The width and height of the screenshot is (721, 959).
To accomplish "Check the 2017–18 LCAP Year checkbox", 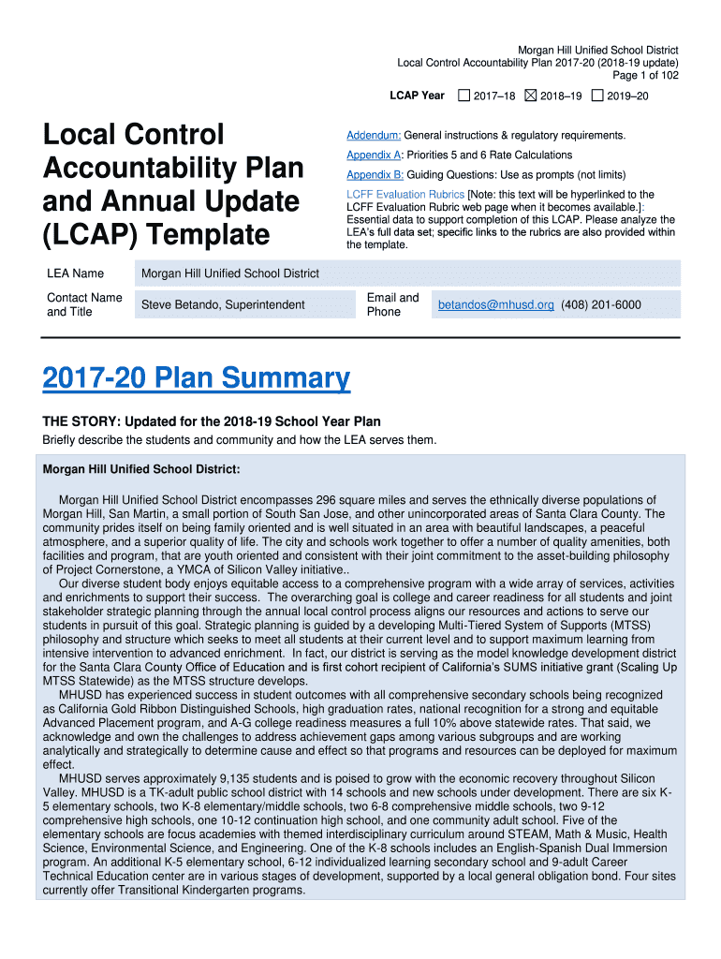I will click(x=463, y=96).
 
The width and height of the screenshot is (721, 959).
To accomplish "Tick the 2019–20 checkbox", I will click(x=597, y=96).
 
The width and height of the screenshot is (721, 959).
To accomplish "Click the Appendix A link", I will click(x=375, y=155).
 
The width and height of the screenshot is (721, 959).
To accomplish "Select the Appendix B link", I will click(x=375, y=175).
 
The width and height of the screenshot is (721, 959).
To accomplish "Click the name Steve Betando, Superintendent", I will click(x=223, y=304).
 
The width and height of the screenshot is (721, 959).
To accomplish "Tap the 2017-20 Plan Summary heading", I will click(x=196, y=379).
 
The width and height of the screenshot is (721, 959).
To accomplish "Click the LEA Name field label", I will click(x=75, y=273).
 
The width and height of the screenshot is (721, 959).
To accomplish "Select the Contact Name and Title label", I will click(x=83, y=304).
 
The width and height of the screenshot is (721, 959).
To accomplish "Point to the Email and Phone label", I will click(x=392, y=304).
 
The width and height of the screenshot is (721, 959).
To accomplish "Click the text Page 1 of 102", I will click(x=645, y=76).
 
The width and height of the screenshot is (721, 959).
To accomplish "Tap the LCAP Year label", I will click(x=417, y=96).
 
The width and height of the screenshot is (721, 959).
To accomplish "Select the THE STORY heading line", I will click(x=212, y=422).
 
